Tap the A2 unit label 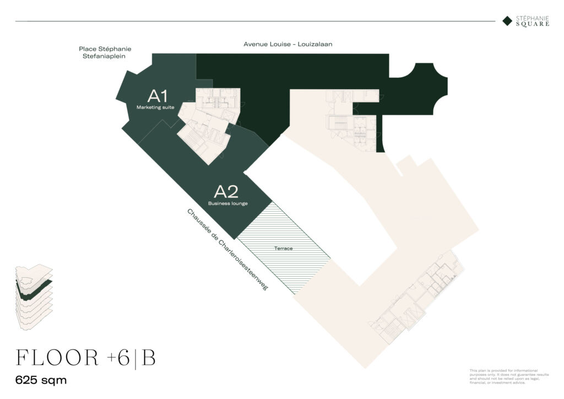tap(226, 192)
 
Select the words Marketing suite tap(155, 107)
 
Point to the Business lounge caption tap(227, 203)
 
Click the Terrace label tap(284, 249)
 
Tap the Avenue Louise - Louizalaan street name tap(288, 44)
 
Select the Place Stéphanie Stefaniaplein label tap(105, 52)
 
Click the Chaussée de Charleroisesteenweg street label tap(226, 249)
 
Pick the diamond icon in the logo tap(507, 21)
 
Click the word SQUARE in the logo tap(533, 24)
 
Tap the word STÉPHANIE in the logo tap(533, 18)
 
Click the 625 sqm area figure tap(41, 380)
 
